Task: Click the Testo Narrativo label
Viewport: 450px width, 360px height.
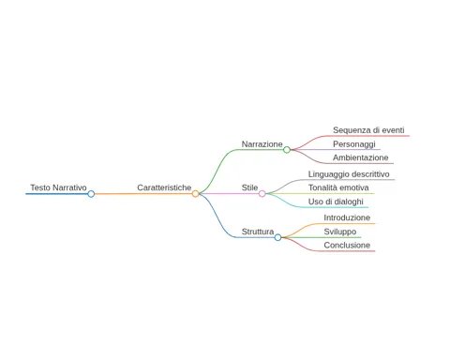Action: [58, 187]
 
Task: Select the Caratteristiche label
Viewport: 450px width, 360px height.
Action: [164, 187]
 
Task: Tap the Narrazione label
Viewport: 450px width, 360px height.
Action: [262, 144]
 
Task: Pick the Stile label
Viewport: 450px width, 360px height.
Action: [249, 187]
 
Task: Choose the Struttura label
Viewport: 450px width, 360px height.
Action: [258, 232]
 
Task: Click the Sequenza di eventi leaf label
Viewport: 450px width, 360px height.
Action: [368, 130]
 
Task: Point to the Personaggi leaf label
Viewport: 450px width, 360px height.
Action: [354, 144]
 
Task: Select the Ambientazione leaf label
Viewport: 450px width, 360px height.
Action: [361, 157]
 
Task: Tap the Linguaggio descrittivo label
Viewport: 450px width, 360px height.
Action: [349, 174]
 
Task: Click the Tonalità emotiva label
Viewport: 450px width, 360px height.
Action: [338, 187]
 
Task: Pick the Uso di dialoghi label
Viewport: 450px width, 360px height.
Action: [336, 202]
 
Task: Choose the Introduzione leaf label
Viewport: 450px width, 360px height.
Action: [347, 217]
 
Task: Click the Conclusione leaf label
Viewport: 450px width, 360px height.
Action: [347, 245]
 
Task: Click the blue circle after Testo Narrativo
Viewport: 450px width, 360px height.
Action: [91, 194]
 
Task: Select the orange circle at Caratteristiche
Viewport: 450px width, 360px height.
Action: [195, 194]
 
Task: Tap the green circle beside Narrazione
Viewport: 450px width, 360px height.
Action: [287, 150]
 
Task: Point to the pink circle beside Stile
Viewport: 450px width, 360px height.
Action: [262, 194]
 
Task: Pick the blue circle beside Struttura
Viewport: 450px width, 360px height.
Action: [277, 237]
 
